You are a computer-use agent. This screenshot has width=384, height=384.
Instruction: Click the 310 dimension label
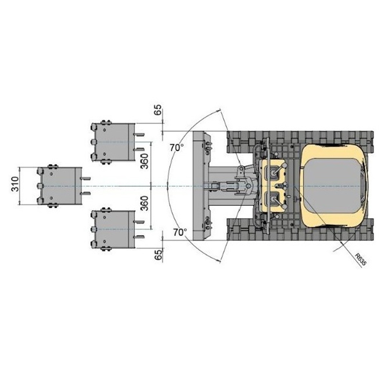click(15, 184)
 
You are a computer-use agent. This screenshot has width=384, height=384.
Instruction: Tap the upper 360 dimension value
click(145, 161)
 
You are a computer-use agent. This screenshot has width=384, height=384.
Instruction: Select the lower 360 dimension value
click(145, 204)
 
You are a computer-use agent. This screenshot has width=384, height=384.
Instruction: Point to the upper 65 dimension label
click(158, 110)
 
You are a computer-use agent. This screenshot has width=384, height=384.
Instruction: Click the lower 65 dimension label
click(159, 255)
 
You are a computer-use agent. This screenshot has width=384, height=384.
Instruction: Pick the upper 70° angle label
click(177, 148)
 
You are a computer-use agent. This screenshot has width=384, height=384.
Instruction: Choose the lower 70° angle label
click(180, 232)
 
